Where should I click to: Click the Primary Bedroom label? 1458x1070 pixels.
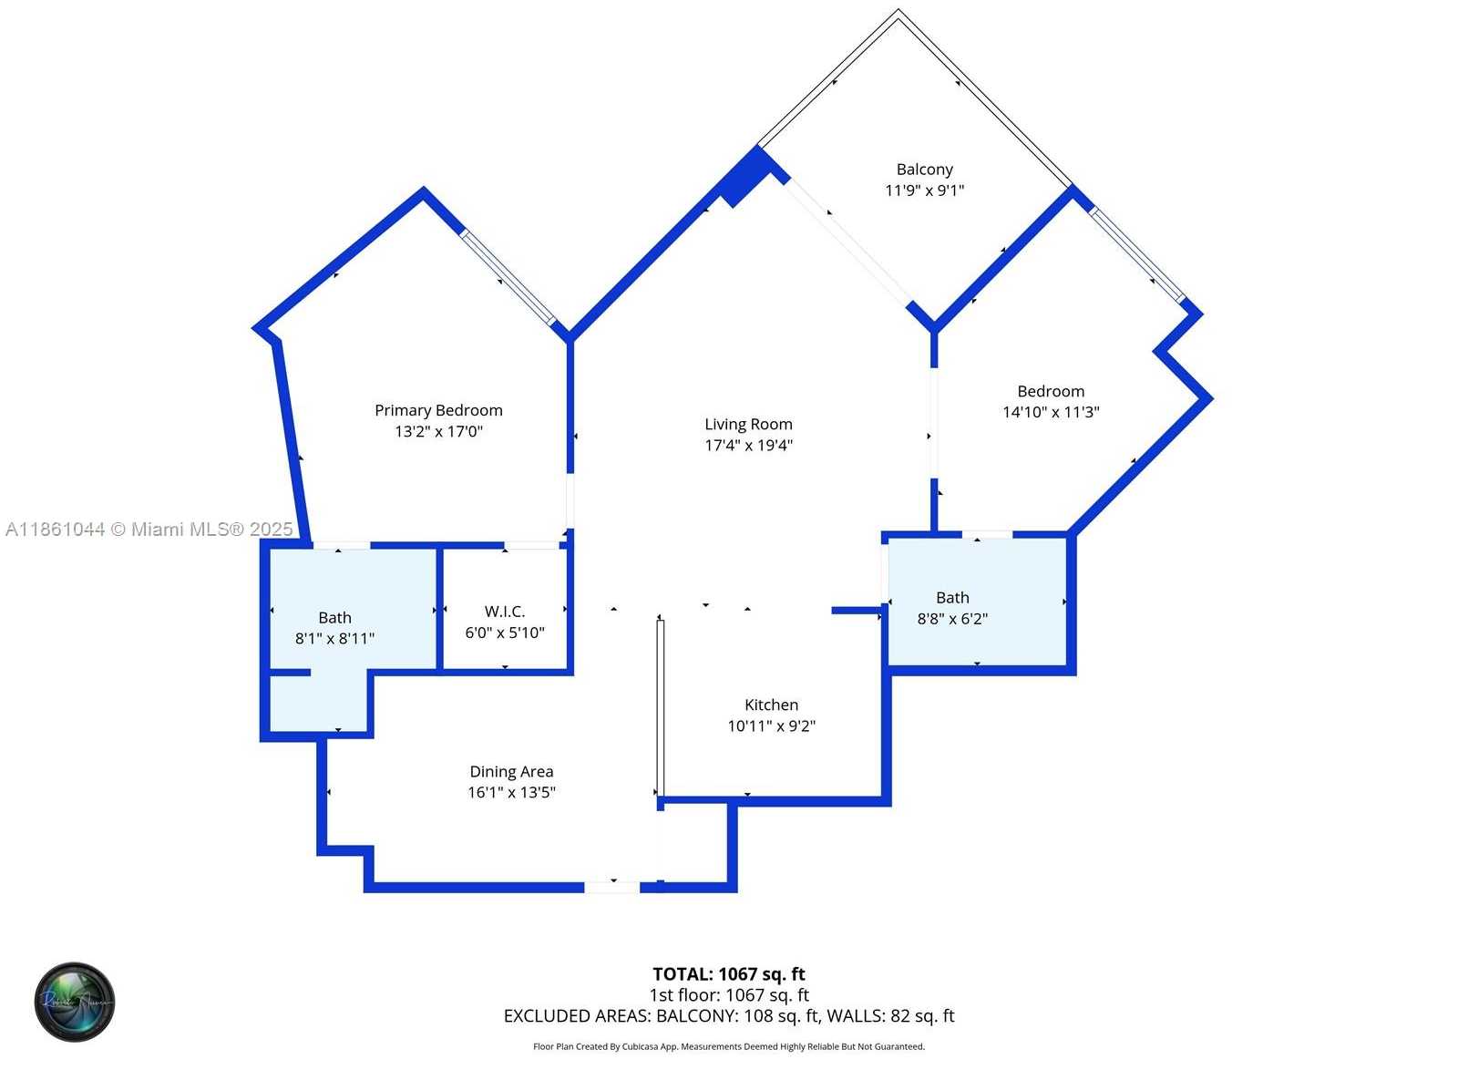(438, 410)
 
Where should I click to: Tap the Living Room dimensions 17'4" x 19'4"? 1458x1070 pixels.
(748, 445)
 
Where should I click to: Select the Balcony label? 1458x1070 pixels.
(924, 170)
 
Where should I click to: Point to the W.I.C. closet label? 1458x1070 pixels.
(504, 612)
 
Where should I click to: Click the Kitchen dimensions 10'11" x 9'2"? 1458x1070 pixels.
(771, 725)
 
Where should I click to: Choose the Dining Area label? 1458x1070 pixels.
(511, 772)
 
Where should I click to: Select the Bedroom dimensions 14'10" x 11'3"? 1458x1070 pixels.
(1051, 412)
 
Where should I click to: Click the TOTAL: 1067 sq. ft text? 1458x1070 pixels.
(728, 974)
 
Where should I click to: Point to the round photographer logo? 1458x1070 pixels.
(75, 1002)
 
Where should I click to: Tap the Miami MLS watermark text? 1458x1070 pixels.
(149, 529)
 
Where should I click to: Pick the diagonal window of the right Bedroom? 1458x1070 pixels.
(1138, 255)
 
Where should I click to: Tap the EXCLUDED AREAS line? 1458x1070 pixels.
(728, 1015)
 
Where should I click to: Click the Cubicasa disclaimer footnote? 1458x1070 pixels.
(728, 1046)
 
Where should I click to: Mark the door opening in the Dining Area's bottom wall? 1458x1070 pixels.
(612, 885)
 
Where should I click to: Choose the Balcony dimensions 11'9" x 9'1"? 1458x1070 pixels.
(924, 190)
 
